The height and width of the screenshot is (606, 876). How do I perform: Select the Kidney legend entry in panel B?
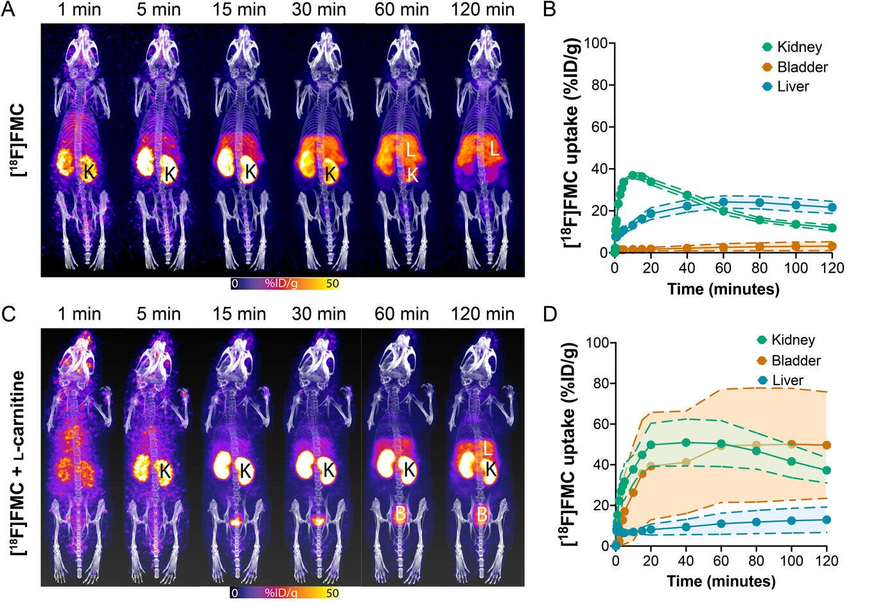[799, 47]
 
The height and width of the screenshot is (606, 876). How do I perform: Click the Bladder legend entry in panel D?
[796, 360]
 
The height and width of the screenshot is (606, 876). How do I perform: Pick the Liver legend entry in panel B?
[793, 86]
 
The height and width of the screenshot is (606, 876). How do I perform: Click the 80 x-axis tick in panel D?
[757, 561]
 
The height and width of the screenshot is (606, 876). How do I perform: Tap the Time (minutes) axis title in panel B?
[723, 289]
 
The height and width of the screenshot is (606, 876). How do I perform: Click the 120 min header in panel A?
[482, 10]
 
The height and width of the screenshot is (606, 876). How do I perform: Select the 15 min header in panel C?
[240, 314]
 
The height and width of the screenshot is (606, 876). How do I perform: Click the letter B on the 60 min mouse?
[399, 514]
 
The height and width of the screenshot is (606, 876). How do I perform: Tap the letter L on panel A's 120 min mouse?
[495, 150]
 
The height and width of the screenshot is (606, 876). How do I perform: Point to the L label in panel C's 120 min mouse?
[488, 448]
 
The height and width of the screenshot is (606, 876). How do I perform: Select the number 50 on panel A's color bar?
[331, 283]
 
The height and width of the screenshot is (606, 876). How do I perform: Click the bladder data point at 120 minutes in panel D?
[827, 445]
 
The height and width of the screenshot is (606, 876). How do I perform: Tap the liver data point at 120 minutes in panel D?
[827, 519]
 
